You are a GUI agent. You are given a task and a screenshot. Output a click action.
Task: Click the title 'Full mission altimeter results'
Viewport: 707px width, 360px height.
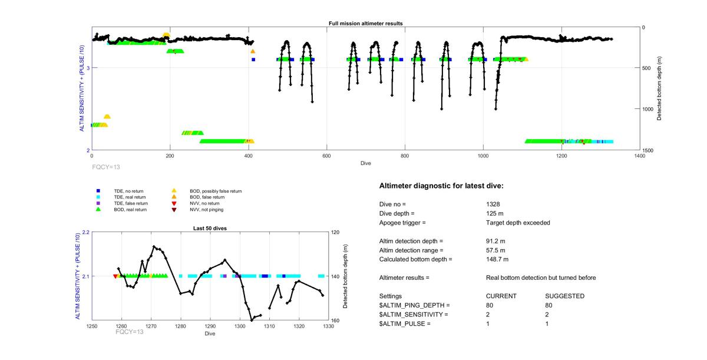pyautogui.click(x=365, y=24)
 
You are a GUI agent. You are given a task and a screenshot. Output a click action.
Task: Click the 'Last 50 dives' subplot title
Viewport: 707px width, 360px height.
pyautogui.click(x=210, y=228)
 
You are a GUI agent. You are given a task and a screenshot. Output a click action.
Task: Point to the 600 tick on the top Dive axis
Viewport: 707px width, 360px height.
pyautogui.click(x=326, y=156)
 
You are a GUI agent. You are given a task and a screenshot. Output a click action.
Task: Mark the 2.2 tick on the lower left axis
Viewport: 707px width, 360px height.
pyautogui.click(x=85, y=232)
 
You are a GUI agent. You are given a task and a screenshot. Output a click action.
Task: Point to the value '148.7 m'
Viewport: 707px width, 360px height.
pyautogui.click(x=497, y=259)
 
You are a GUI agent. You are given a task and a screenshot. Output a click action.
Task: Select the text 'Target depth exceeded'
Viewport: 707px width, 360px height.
pyautogui.click(x=514, y=223)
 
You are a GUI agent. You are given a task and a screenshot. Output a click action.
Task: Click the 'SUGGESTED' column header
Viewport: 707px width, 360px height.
pyautogui.click(x=564, y=296)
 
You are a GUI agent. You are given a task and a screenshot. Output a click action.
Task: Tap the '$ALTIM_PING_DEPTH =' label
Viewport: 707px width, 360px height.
pyautogui.click(x=414, y=305)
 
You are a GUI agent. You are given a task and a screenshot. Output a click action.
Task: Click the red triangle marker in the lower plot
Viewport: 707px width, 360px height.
pyautogui.click(x=115, y=276)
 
